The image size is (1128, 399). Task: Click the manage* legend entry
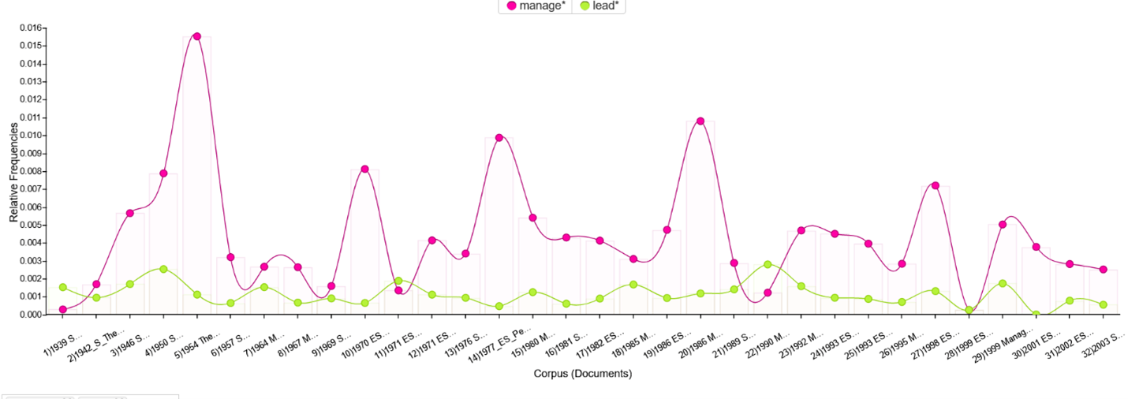pos(536,6)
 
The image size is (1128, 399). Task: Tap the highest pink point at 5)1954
pos(197,36)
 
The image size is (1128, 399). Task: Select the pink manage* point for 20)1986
pos(700,121)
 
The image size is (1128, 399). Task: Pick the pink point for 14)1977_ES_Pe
pos(499,138)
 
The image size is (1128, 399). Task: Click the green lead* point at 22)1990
pos(768,265)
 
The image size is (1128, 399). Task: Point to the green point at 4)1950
pos(163,269)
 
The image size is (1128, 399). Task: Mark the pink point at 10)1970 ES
pos(365,170)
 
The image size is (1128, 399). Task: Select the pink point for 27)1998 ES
pos(936,185)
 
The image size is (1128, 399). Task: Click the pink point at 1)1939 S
pos(63,310)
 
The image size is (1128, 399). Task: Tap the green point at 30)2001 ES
pos(1036,315)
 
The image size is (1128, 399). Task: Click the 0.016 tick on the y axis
pos(30,28)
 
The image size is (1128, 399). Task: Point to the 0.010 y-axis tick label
pos(30,136)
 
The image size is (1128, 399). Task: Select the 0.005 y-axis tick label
pos(30,226)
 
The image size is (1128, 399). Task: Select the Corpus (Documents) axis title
pos(582,374)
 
